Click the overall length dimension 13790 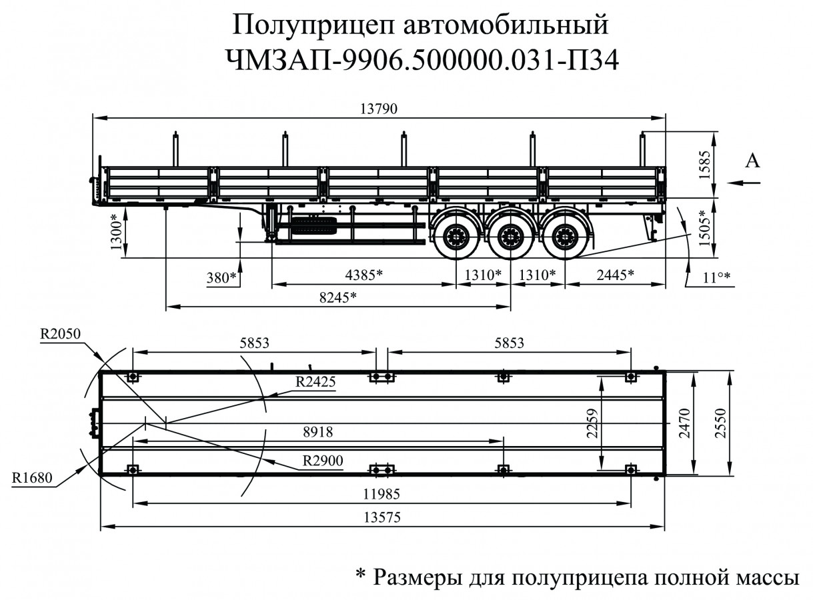(x=379, y=109)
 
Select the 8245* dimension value (x=337, y=298)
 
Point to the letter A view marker (x=752, y=160)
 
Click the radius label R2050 (x=59, y=333)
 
